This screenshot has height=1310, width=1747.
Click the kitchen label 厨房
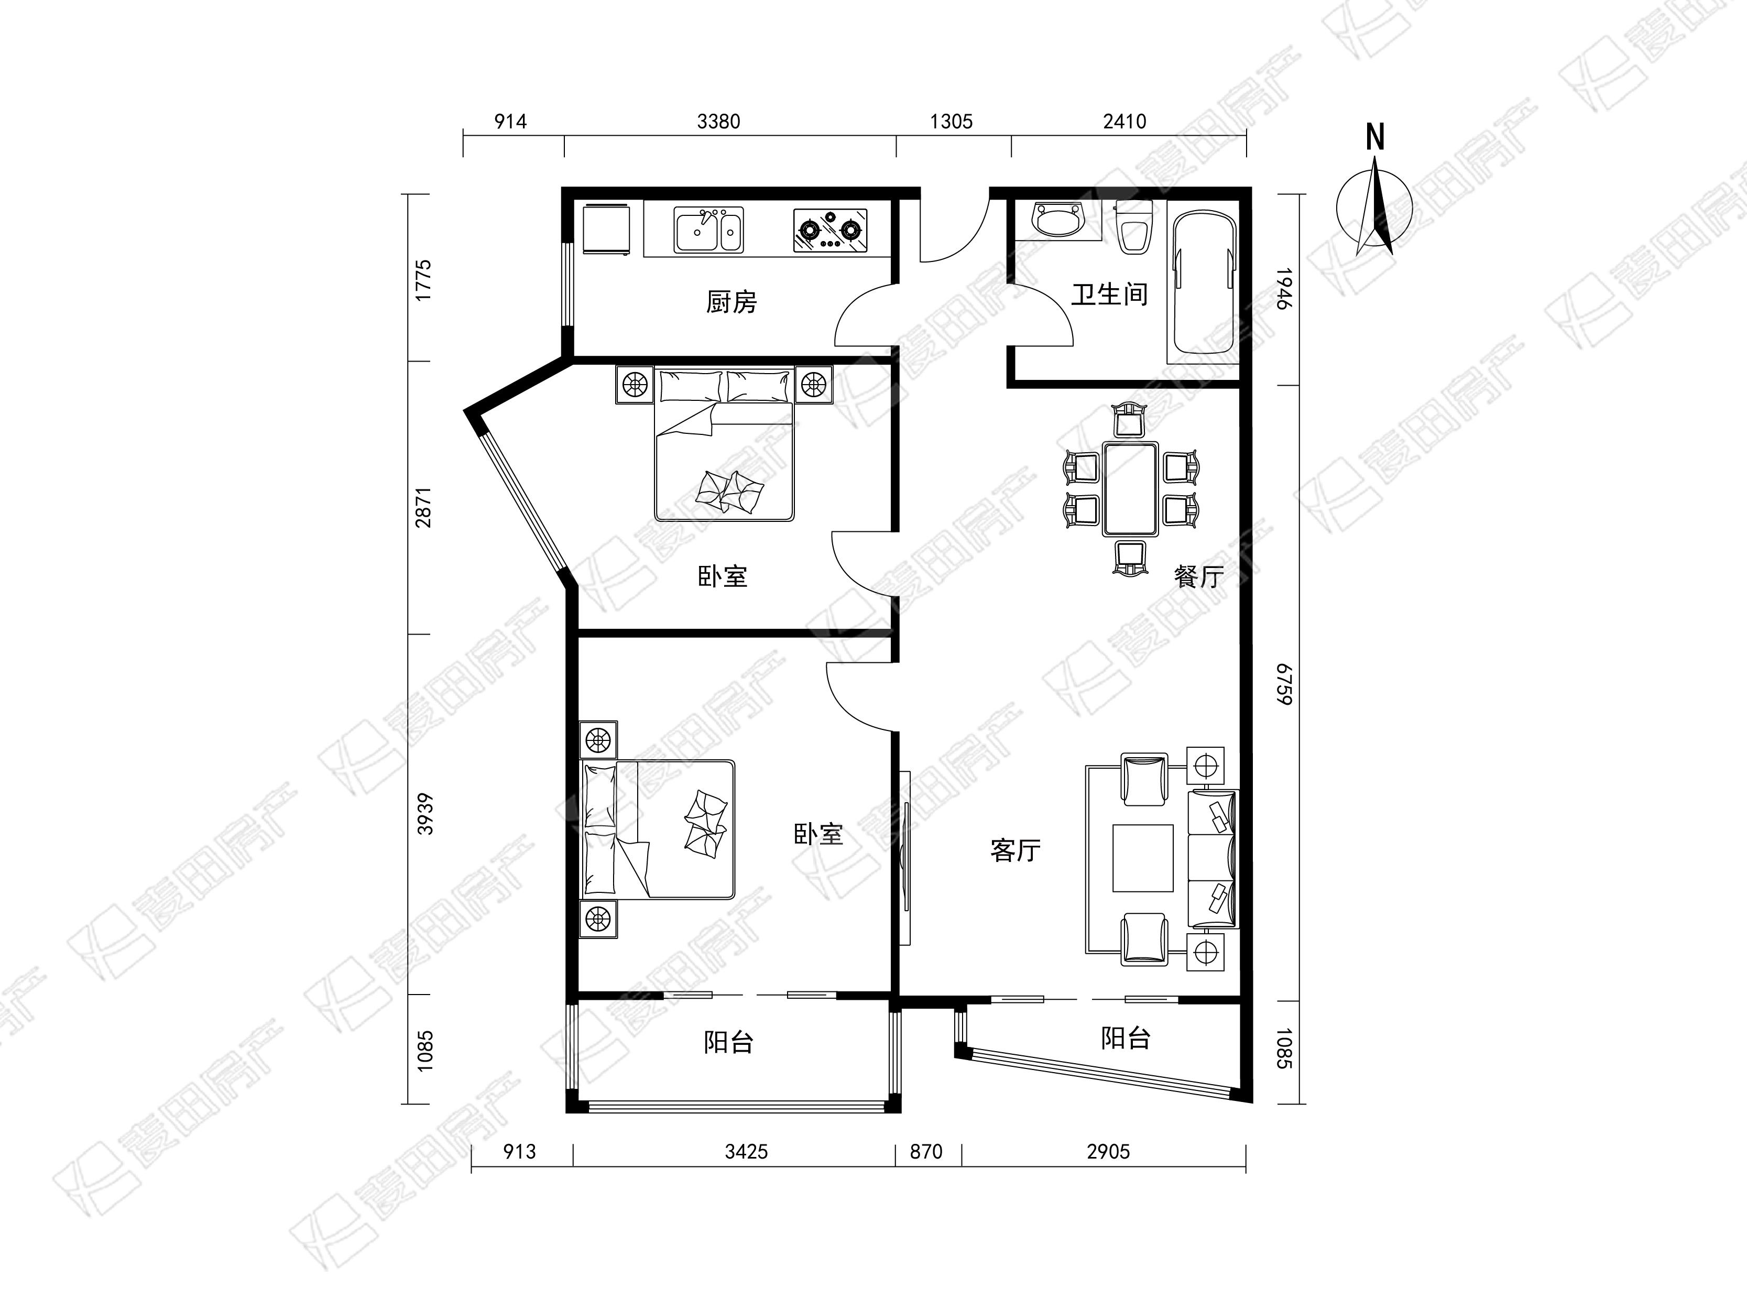(x=731, y=302)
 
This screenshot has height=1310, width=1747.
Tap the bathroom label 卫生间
(x=1109, y=294)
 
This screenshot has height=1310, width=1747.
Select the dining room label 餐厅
(x=1198, y=576)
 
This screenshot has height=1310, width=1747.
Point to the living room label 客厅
(x=1015, y=850)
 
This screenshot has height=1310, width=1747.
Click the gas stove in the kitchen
(x=829, y=230)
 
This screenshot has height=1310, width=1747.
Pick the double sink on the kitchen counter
(x=708, y=230)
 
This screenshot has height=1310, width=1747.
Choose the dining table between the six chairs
(x=1131, y=489)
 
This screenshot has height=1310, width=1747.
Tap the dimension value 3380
(x=719, y=122)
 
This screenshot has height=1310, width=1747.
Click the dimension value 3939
(x=425, y=814)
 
